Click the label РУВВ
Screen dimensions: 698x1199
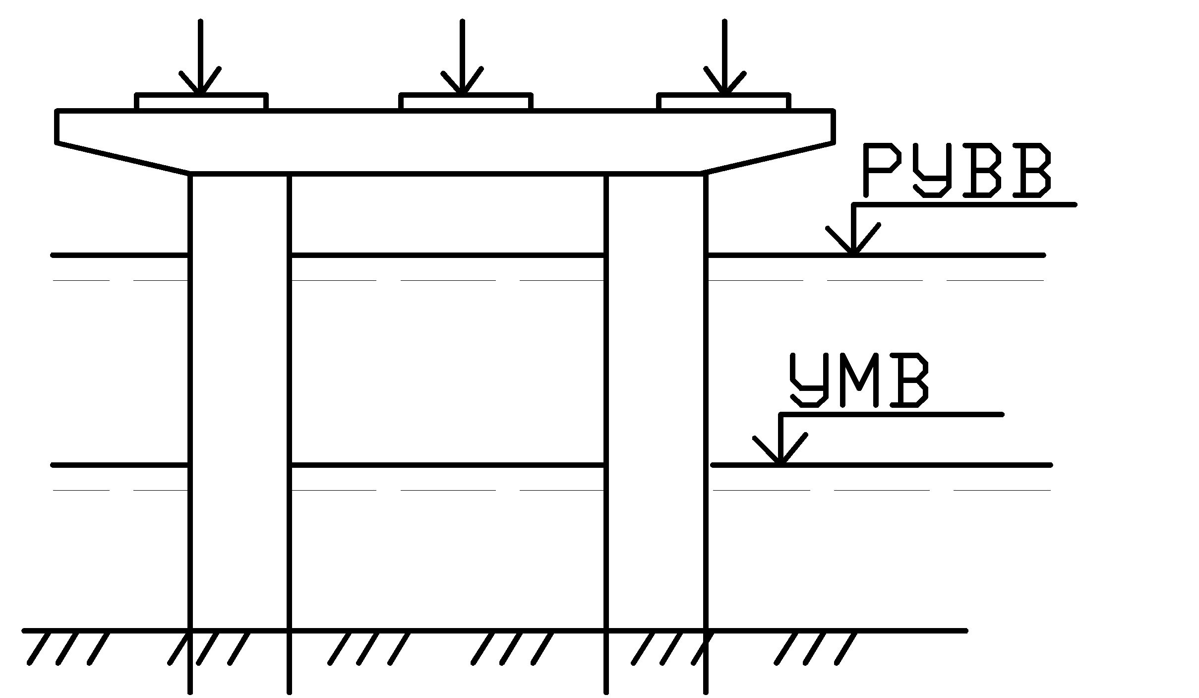957,170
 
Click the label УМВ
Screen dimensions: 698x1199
858,381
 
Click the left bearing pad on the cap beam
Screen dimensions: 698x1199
201,102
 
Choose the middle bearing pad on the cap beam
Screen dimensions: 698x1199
466,102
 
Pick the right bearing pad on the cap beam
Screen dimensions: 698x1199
724,102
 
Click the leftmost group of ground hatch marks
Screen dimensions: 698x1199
68,648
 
